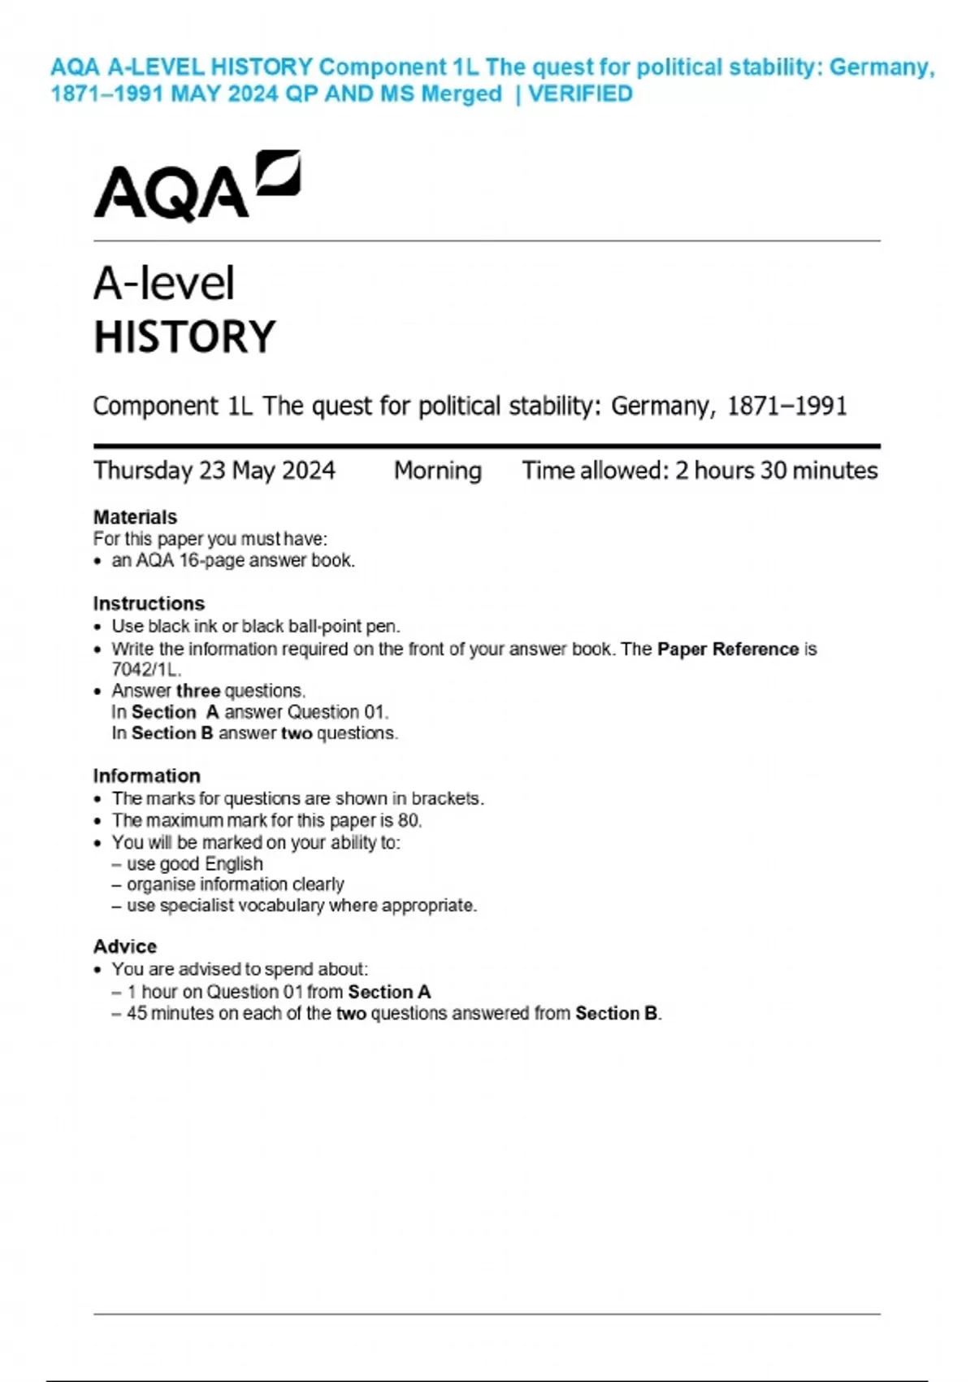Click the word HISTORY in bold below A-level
pyautogui.click(x=185, y=337)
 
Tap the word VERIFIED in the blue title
pyautogui.click(x=580, y=94)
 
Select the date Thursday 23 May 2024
pyautogui.click(x=214, y=471)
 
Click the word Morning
pyautogui.click(x=438, y=471)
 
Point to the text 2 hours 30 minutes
pyautogui.click(x=777, y=471)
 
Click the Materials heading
pyautogui.click(x=135, y=517)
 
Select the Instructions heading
pyautogui.click(x=149, y=603)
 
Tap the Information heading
pyautogui.click(x=146, y=776)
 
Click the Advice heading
pyautogui.click(x=125, y=946)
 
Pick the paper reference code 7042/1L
pyautogui.click(x=145, y=670)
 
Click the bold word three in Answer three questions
pyautogui.click(x=198, y=691)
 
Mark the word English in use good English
pyautogui.click(x=234, y=863)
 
